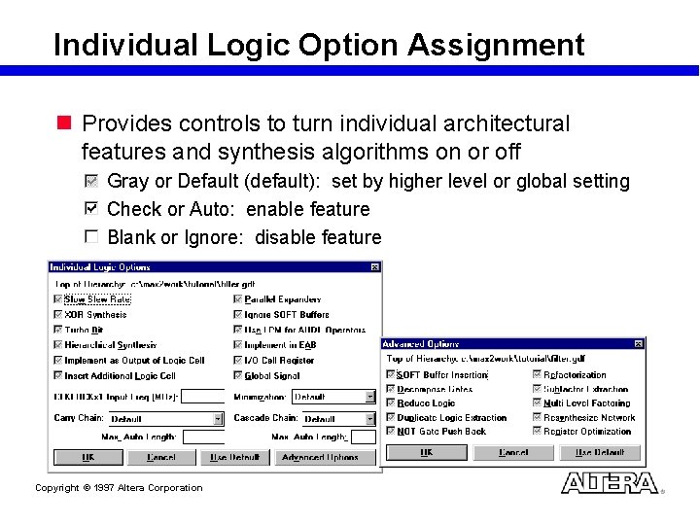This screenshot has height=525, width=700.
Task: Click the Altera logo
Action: click(610, 483)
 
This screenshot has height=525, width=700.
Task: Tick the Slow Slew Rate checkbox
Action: click(57, 300)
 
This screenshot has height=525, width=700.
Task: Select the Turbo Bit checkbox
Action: click(57, 330)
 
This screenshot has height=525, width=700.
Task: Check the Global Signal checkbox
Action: click(238, 375)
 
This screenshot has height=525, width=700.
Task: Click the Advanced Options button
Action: click(320, 457)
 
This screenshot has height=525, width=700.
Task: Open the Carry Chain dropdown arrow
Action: click(218, 419)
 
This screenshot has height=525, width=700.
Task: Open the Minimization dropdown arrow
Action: click(369, 397)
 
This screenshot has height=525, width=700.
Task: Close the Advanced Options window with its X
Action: click(638, 344)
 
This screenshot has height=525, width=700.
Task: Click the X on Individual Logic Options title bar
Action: click(375, 267)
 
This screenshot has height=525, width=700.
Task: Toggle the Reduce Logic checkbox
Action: click(391, 403)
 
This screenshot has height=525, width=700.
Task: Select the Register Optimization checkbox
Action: click(537, 432)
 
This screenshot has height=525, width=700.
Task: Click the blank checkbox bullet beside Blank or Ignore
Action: click(91, 237)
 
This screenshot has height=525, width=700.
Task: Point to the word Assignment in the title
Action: click(496, 45)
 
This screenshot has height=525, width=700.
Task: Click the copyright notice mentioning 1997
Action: click(119, 488)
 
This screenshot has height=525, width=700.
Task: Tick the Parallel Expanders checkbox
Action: click(238, 300)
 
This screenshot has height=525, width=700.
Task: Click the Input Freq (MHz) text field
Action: click(202, 397)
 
